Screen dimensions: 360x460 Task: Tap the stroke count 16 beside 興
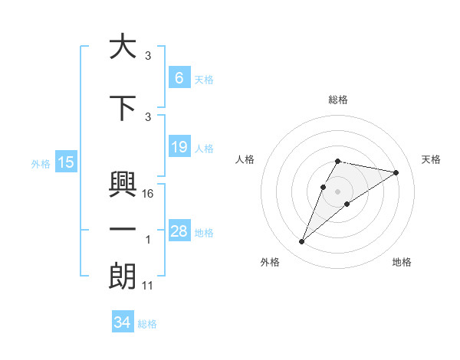(x=149, y=194)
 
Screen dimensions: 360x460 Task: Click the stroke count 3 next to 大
(x=148, y=56)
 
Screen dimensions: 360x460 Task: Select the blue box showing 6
(x=179, y=77)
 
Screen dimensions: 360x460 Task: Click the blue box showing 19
(x=179, y=146)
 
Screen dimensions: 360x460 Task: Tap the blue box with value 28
(x=179, y=231)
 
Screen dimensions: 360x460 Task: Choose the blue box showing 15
(x=66, y=162)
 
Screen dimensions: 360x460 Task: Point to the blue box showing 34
(x=122, y=322)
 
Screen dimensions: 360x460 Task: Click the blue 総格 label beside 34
(x=147, y=324)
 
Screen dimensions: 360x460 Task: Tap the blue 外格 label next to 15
(x=41, y=163)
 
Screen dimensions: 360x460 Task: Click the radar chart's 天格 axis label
(x=431, y=159)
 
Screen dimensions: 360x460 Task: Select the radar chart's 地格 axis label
(x=402, y=262)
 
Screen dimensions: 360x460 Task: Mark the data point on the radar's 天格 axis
(x=396, y=172)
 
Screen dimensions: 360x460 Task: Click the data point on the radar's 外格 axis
(x=301, y=242)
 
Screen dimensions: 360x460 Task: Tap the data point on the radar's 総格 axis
(x=337, y=161)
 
